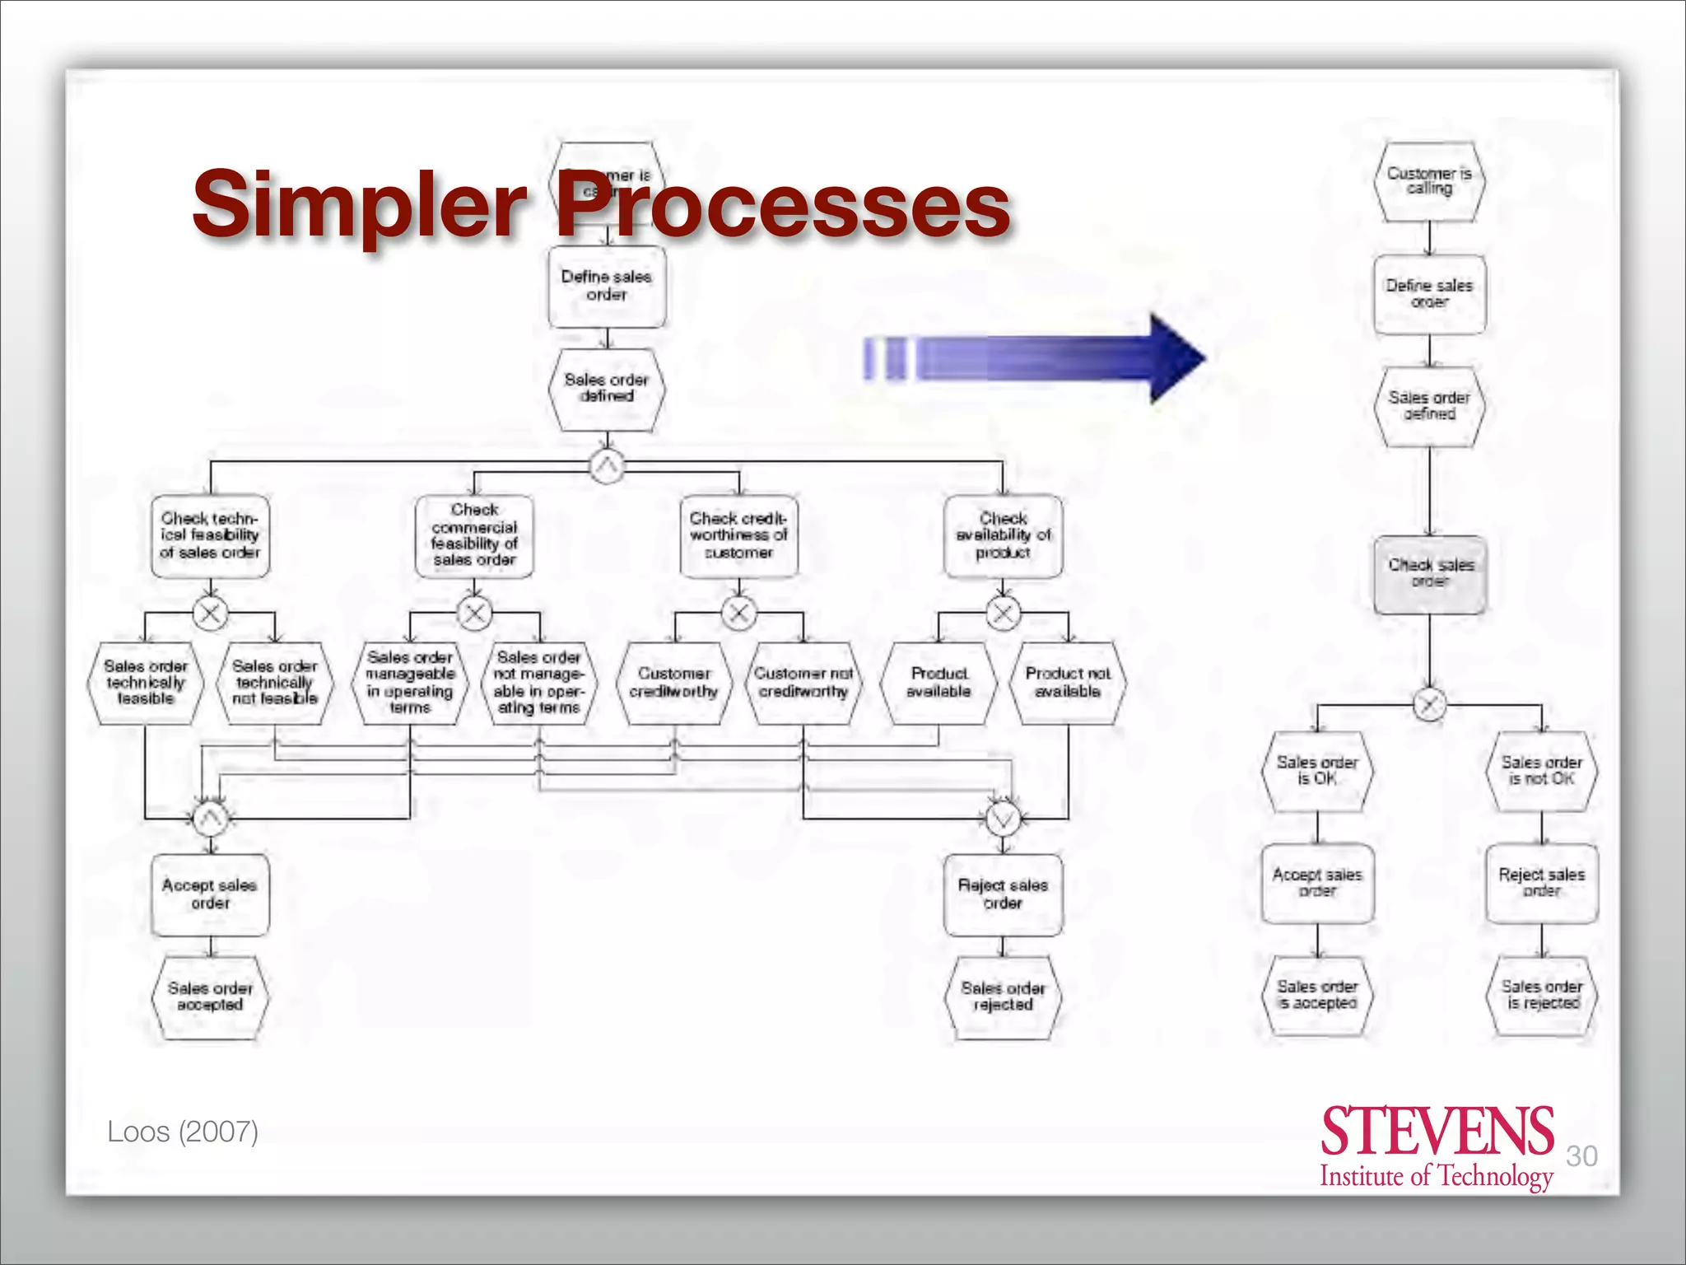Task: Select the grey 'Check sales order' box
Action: tap(1430, 574)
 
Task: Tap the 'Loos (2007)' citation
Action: tap(183, 1132)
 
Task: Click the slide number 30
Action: tap(1581, 1155)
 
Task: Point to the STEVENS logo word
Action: tap(1437, 1132)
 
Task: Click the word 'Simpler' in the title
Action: tap(360, 203)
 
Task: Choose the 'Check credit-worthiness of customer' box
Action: tap(738, 535)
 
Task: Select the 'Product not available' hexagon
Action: tap(1068, 683)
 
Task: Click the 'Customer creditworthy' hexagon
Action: tap(674, 683)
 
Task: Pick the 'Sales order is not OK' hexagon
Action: tap(1541, 771)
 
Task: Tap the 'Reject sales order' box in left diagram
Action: tap(1003, 894)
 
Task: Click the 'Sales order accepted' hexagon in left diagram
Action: tap(210, 997)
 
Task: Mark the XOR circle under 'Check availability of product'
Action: tap(1003, 613)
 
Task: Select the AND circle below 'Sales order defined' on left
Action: tap(607, 467)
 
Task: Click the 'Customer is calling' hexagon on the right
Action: tap(1429, 181)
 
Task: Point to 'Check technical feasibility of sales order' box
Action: tap(210, 535)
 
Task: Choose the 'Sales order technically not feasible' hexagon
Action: tap(274, 683)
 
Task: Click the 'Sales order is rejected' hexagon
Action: tap(1541, 995)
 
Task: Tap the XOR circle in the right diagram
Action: tap(1429, 704)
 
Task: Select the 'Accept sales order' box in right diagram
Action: tap(1317, 883)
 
